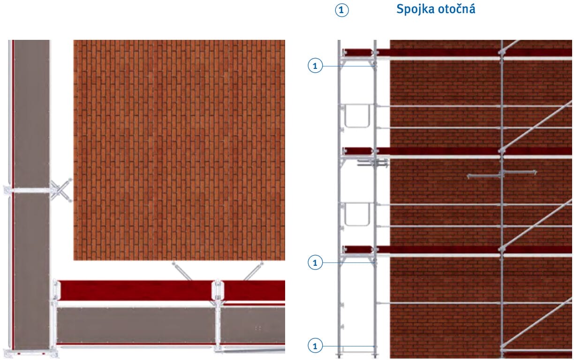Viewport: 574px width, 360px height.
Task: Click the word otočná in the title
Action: click(x=457, y=9)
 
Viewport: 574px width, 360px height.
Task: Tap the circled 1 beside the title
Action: click(x=342, y=10)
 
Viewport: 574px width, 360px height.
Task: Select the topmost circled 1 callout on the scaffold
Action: click(x=315, y=66)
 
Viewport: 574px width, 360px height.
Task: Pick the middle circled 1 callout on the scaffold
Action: click(x=315, y=262)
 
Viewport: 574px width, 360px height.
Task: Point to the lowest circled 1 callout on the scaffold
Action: click(x=315, y=346)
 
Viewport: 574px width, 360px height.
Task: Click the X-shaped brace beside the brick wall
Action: click(x=61, y=190)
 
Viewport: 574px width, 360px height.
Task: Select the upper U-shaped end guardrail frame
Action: click(x=357, y=116)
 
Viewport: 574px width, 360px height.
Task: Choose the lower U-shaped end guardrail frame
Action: click(x=357, y=214)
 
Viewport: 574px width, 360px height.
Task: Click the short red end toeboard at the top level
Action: click(x=358, y=52)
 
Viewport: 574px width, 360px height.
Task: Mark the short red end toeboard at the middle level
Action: click(x=358, y=150)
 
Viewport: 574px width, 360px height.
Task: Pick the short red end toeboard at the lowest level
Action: click(x=358, y=249)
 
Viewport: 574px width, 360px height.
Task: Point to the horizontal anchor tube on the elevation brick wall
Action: click(x=501, y=174)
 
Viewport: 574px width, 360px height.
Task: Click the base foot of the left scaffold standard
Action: click(x=339, y=356)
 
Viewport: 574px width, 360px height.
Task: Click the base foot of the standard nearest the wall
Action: click(x=375, y=356)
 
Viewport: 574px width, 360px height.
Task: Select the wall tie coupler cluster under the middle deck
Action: click(x=373, y=163)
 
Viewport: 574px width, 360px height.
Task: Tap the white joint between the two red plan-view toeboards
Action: click(x=218, y=290)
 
